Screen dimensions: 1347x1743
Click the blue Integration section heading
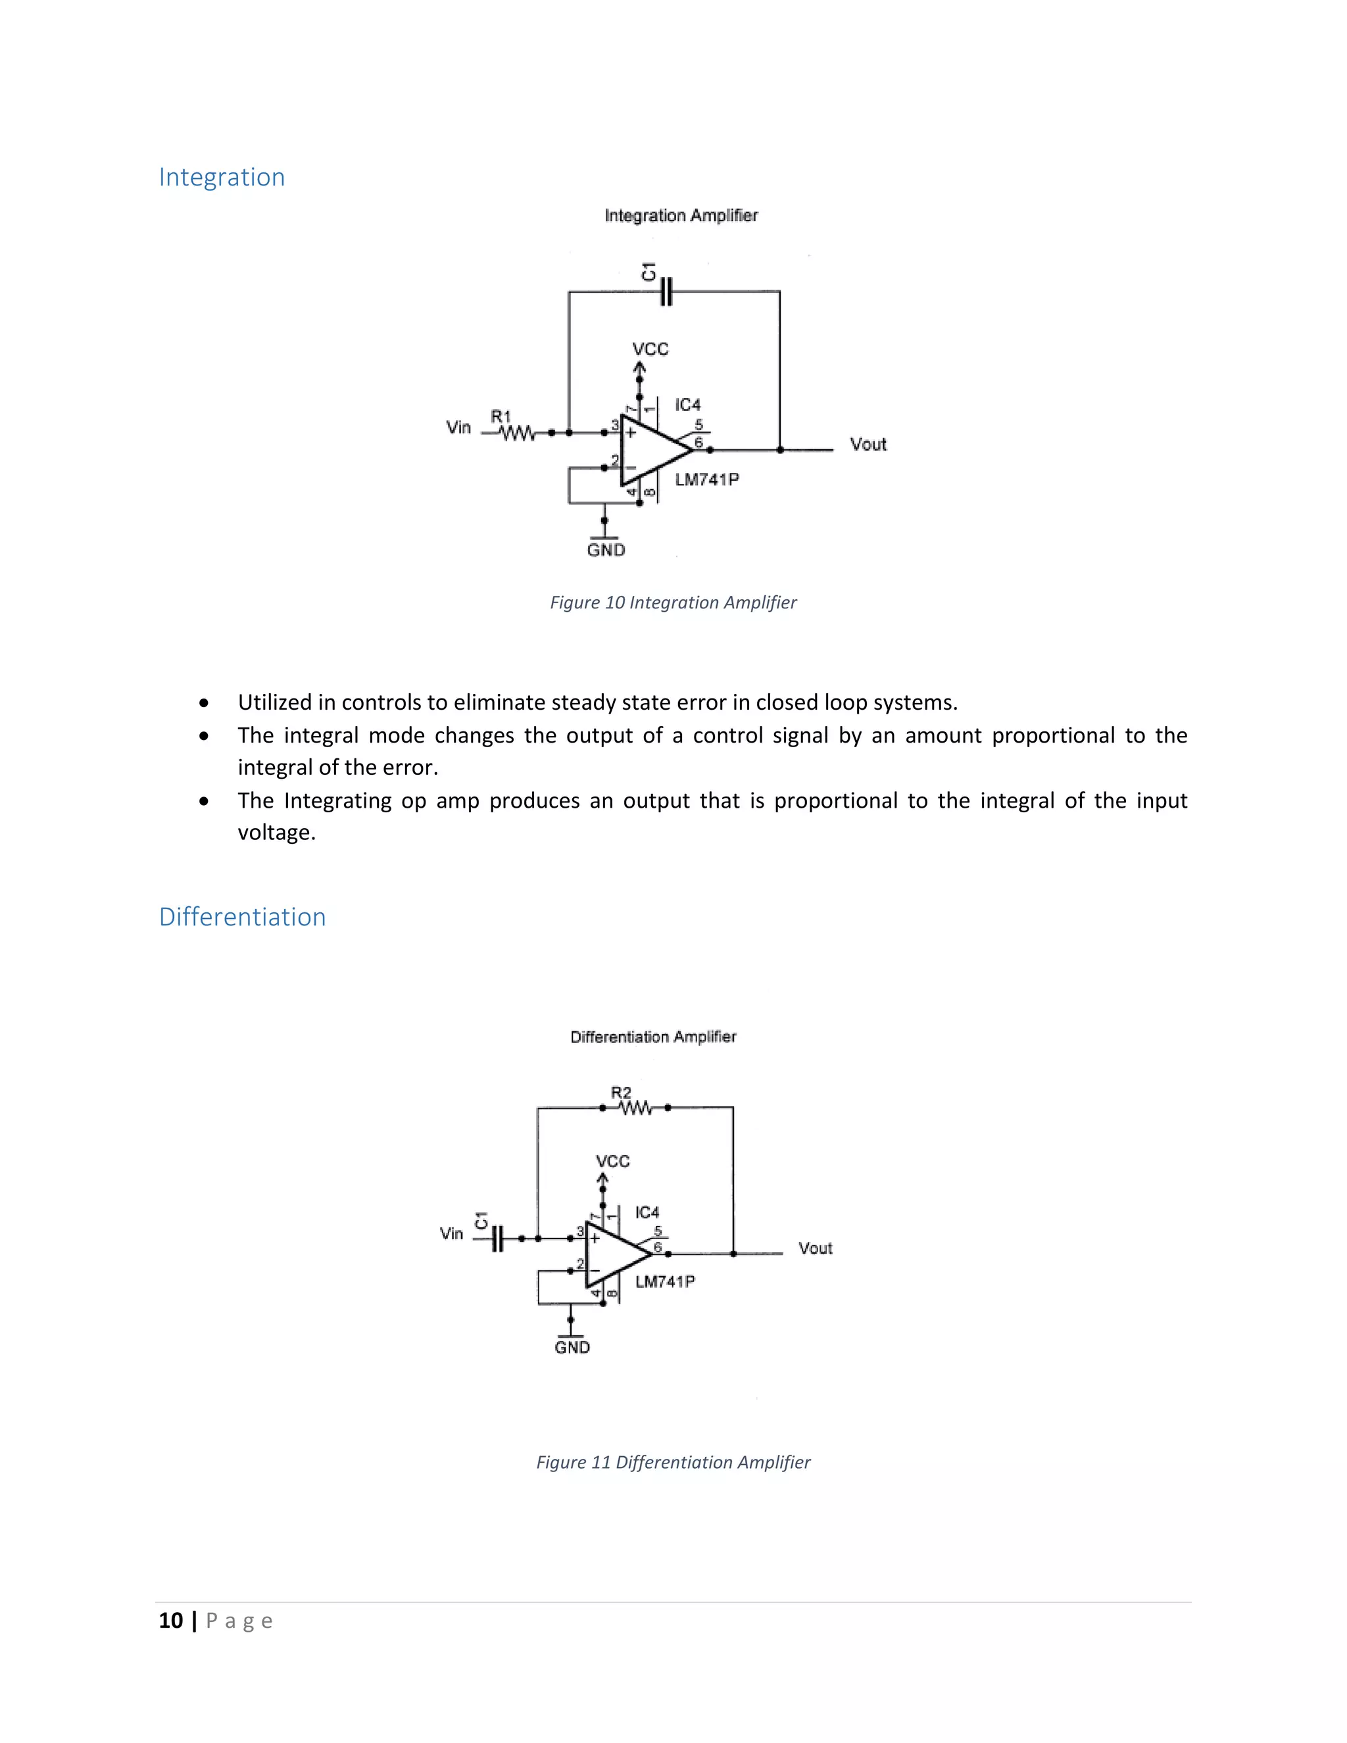point(221,177)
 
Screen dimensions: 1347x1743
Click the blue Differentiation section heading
point(242,917)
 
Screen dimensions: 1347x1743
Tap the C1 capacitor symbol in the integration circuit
point(666,292)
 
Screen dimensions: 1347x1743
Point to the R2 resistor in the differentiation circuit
point(635,1108)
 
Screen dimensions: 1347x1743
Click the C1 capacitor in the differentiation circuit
point(497,1239)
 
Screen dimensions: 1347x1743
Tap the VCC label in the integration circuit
point(650,349)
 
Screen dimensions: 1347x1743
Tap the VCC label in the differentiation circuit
point(612,1161)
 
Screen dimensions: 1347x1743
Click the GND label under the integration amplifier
point(606,550)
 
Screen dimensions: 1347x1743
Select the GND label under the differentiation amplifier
point(572,1347)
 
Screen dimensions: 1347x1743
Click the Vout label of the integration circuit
point(868,445)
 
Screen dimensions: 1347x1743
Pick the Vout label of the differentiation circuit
point(815,1248)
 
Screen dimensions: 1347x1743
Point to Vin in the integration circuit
point(459,428)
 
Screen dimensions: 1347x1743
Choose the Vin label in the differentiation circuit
point(452,1234)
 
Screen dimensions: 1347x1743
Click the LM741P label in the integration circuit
point(706,479)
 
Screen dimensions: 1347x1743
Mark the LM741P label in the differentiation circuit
point(665,1282)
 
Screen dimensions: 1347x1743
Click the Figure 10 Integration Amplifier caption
point(673,602)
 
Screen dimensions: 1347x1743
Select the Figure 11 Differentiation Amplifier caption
point(673,1462)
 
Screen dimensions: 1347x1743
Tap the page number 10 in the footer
point(171,1621)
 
